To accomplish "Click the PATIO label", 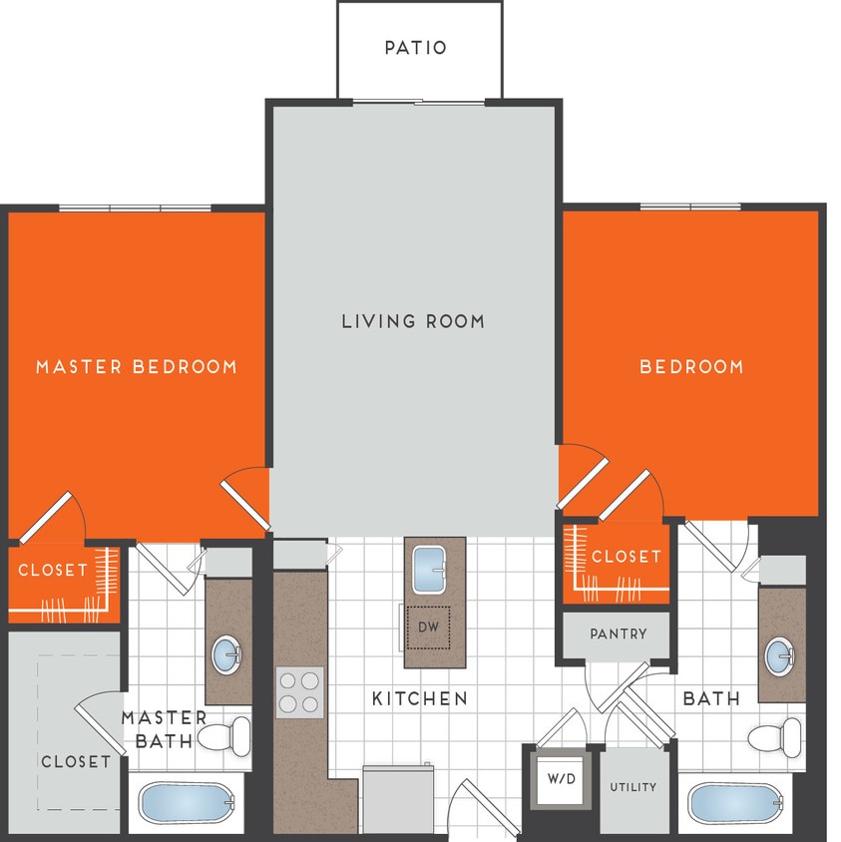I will (416, 48).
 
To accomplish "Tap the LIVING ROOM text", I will (413, 321).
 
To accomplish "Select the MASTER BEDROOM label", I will (137, 367).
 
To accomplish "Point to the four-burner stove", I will (300, 691).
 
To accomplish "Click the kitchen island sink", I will (434, 570).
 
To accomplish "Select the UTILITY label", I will (633, 787).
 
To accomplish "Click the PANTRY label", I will (618, 633).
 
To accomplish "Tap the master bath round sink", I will (228, 655).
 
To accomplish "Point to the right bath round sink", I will (780, 655).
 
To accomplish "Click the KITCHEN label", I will (419, 698).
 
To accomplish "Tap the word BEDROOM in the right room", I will (691, 367).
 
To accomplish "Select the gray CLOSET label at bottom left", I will (76, 761).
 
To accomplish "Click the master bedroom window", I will (135, 208).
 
